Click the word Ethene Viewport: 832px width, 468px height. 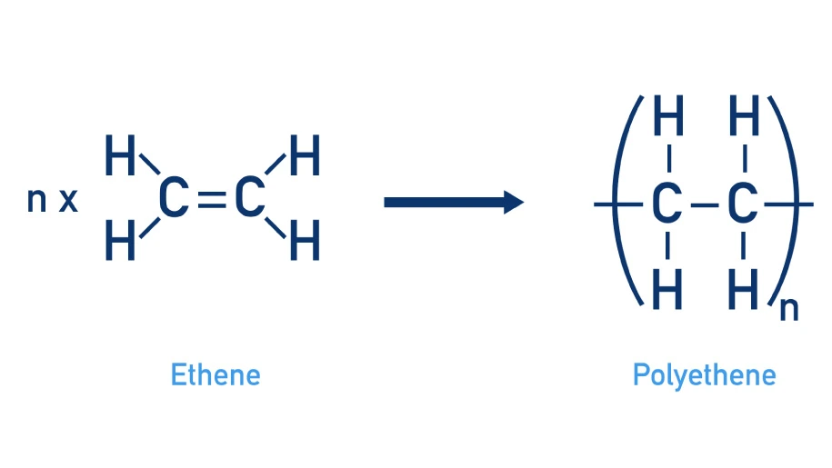pos(216,373)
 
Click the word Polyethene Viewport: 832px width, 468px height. pos(705,373)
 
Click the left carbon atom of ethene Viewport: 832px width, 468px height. pos(173,201)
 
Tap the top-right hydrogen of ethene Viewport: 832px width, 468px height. pos(304,157)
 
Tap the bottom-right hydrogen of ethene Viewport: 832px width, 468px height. pos(304,243)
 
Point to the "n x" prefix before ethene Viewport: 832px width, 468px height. pos(52,200)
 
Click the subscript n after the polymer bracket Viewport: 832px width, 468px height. pos(788,309)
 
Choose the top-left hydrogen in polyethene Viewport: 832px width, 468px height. pos(668,118)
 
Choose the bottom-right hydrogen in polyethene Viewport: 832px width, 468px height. pos(744,291)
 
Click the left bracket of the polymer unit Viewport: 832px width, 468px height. pos(627,204)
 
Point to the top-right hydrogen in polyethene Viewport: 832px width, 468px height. pos(744,118)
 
